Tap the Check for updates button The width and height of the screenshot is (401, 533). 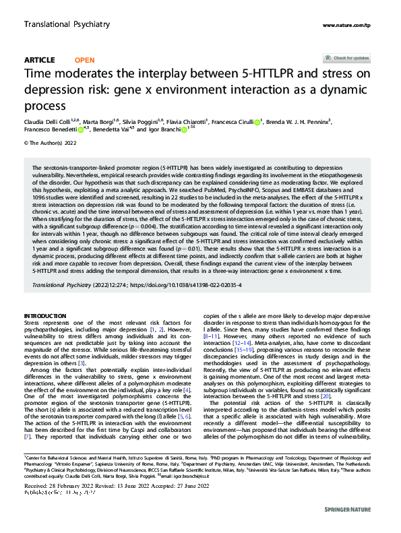346,58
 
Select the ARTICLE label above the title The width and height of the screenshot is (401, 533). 39,60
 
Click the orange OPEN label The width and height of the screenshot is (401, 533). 84,60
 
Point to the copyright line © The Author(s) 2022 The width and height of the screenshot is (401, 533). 51,143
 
